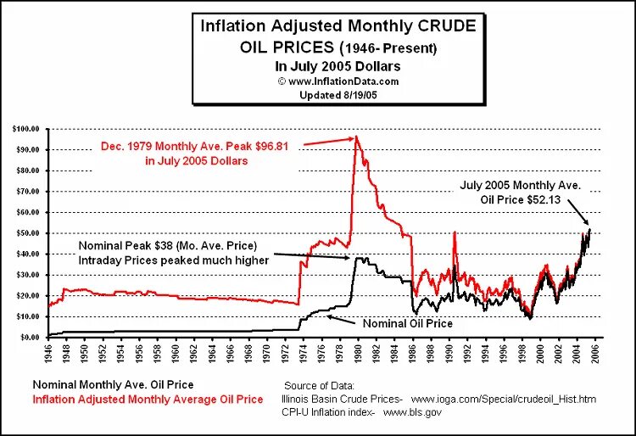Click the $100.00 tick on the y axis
[25, 129]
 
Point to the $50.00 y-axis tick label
[27, 233]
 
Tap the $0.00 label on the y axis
[29, 337]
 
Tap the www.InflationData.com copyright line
[337, 81]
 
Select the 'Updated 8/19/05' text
[337, 95]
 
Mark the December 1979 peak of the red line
[356, 137]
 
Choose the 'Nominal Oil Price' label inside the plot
[407, 323]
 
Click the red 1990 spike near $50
[455, 232]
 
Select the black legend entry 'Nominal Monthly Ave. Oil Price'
[112, 384]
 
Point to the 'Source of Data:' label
[321, 385]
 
